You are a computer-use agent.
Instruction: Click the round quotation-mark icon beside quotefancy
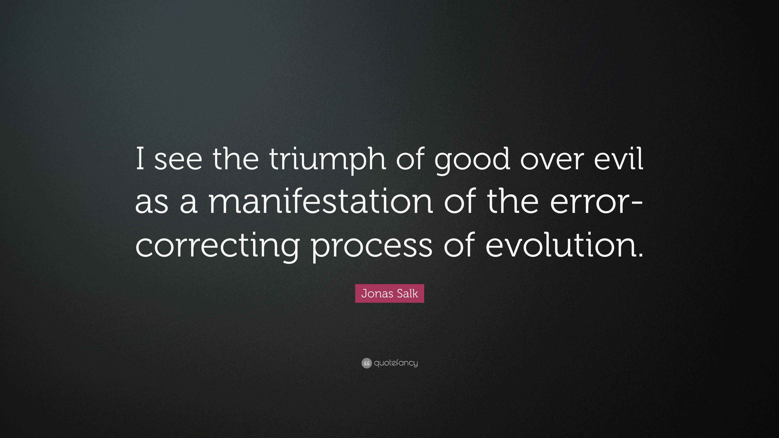pyautogui.click(x=366, y=363)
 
